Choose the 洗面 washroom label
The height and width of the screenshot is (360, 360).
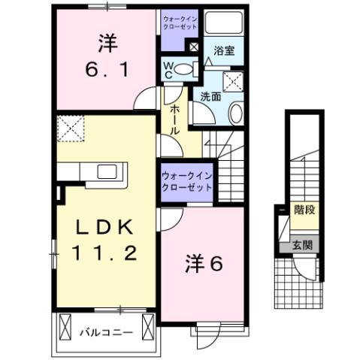coord(210,96)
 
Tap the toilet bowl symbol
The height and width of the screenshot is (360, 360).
coord(189,70)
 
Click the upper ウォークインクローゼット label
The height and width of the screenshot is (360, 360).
coord(180,21)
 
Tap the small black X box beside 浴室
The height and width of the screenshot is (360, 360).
coord(194,47)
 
